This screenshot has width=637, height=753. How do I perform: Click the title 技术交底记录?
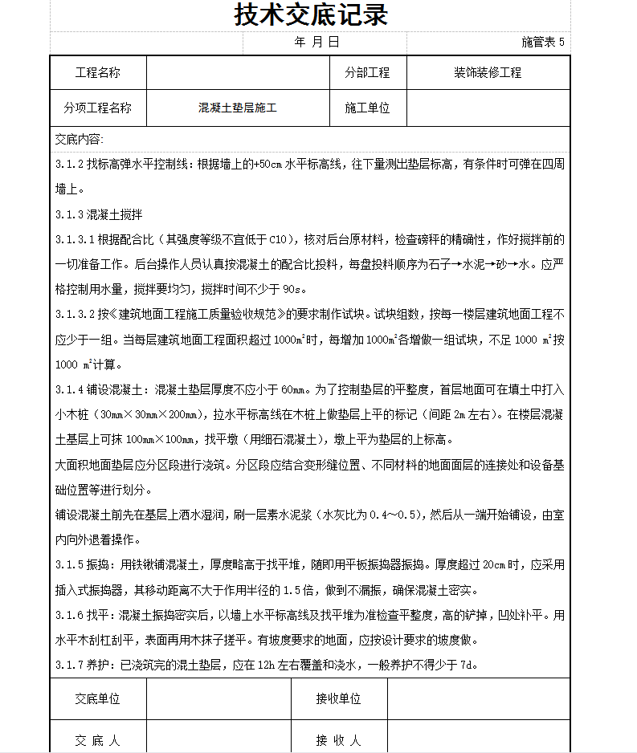coord(311,15)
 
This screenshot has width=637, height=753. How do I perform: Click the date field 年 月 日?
coord(317,43)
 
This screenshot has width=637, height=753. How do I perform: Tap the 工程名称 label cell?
coord(97,73)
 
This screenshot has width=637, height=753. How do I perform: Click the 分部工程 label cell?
coord(367,73)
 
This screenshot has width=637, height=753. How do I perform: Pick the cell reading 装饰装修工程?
coord(488,73)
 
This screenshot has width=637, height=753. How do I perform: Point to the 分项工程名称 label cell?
coord(97,108)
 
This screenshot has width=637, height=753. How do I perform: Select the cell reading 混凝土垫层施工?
coord(238,108)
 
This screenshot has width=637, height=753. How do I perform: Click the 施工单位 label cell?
coord(367,108)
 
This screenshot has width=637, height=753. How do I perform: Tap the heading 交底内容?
coord(79,140)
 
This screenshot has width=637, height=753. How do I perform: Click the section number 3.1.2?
coord(70,165)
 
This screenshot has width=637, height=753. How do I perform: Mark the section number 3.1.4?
coord(70,389)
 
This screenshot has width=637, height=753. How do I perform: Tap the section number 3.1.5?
coord(70,564)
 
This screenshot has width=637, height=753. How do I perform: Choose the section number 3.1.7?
coord(70,665)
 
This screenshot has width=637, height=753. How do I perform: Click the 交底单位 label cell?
coord(97,698)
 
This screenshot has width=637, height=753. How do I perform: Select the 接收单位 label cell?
coord(338,698)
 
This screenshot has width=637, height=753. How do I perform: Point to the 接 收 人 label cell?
coord(338,740)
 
